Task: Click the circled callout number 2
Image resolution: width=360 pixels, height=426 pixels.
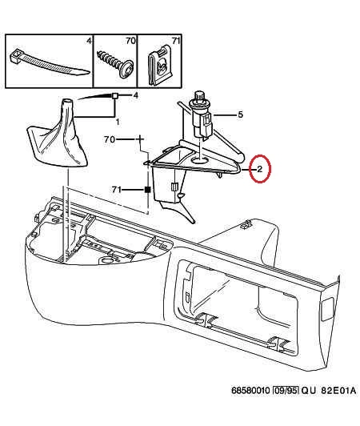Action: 259,169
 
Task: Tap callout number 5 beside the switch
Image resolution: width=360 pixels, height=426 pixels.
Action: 240,115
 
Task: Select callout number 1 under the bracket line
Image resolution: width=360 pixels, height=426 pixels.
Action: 118,123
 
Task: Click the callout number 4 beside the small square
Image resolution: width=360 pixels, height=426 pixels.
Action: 135,95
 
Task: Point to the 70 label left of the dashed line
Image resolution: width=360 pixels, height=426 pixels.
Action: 110,139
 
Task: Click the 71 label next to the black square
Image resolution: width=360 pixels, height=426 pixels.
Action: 116,189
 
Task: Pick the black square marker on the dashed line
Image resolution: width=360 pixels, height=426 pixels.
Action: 147,190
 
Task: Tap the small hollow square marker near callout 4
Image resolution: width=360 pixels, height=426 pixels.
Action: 115,95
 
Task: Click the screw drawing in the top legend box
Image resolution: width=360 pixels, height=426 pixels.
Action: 115,64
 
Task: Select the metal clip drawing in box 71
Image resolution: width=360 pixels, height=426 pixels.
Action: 160,66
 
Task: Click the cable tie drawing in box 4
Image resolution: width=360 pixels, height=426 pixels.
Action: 49,62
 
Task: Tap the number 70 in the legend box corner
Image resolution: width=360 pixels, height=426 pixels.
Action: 130,41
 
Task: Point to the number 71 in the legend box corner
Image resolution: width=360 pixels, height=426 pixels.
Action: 176,41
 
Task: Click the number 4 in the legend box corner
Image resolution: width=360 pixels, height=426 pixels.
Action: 89,41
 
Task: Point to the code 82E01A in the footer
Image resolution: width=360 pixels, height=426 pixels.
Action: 338,391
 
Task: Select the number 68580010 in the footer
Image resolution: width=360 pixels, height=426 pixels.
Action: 250,391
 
